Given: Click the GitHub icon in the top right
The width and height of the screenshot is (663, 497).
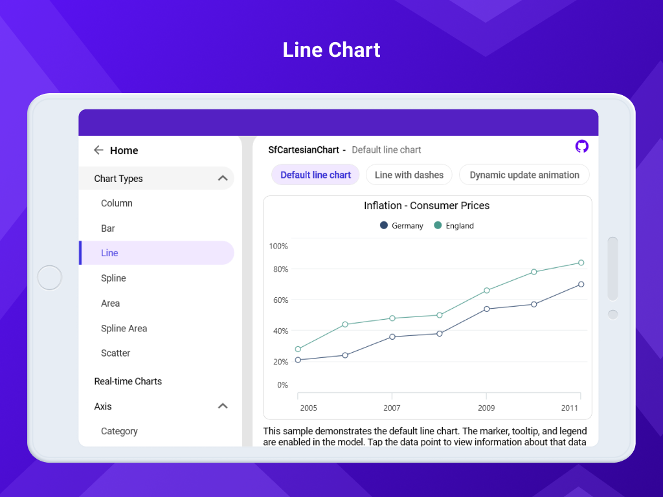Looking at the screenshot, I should click(581, 146).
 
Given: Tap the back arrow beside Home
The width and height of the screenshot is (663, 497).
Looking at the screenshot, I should click(98, 150).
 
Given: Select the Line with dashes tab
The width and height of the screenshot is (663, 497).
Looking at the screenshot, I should click(409, 175).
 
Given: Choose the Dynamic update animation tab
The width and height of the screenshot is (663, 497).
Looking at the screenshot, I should click(524, 175).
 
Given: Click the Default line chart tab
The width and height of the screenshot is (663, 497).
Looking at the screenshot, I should click(315, 175).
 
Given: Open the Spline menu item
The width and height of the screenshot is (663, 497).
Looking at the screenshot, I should click(113, 278).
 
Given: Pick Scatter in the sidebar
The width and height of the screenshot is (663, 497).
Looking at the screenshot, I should click(116, 353).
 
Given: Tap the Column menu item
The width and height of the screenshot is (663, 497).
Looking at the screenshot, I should click(117, 203).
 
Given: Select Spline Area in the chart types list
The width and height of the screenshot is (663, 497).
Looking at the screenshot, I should click(124, 329).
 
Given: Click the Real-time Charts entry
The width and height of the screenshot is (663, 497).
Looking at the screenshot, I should click(128, 381).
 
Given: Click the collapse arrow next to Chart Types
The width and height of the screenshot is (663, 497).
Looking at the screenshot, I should click(223, 178).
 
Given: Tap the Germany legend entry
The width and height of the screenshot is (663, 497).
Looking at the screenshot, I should click(402, 226).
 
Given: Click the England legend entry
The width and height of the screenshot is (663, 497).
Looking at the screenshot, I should click(455, 226).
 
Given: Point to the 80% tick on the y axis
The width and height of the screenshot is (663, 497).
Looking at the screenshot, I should click(279, 269).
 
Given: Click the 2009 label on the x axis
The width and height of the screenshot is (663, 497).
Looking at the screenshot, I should click(486, 408).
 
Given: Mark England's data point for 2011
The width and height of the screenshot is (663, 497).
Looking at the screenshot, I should click(581, 263).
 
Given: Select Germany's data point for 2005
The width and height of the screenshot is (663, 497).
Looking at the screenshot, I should click(298, 360).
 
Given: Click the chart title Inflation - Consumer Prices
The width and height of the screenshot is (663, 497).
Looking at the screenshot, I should click(427, 206).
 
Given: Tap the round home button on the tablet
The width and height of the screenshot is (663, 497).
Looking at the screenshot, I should click(50, 278).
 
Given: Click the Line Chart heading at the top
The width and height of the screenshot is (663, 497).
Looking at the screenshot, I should click(331, 50).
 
